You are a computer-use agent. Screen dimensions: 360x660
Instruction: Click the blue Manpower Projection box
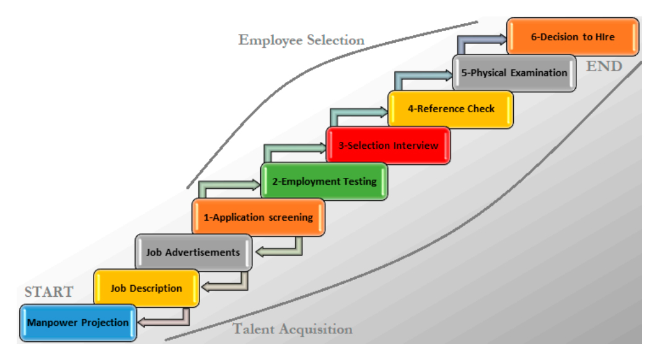pos(78,323)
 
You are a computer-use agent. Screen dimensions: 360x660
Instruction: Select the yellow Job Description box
pos(146,288)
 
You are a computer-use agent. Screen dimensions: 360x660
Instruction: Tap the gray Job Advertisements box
pos(193,253)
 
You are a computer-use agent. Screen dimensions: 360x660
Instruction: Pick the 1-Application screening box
pos(258,217)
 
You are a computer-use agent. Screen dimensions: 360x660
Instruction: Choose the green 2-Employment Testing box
pos(324,182)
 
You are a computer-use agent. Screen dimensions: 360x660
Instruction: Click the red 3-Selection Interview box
pos(388,146)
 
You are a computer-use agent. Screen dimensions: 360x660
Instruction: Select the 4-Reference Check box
pos(451,109)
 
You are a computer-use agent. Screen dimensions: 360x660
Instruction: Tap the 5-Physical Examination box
pos(514,73)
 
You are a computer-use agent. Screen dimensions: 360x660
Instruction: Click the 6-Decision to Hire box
pos(573,37)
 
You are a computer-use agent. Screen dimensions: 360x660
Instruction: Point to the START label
pos(49,292)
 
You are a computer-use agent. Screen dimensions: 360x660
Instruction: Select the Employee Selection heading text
pos(301,40)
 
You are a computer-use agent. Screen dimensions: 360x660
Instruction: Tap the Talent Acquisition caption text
pos(293,329)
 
